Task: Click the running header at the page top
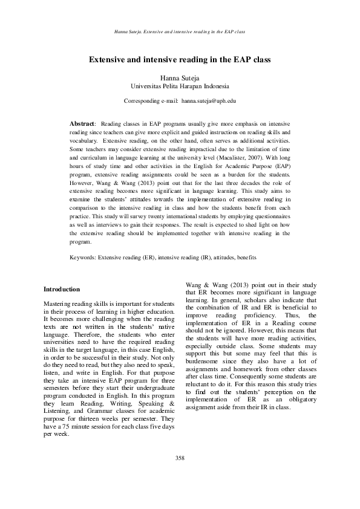click(x=180, y=30)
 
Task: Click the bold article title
click(x=180, y=60)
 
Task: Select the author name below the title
click(x=180, y=79)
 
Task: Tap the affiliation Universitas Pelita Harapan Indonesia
click(x=180, y=87)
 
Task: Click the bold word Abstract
click(x=82, y=123)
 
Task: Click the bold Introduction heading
click(x=62, y=290)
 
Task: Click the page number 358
click(x=180, y=458)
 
